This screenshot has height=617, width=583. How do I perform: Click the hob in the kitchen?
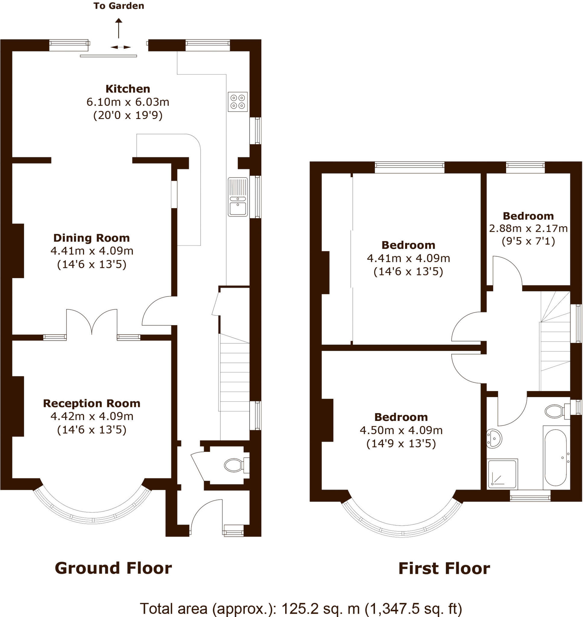(x=238, y=102)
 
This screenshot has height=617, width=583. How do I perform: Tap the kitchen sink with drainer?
(x=238, y=197)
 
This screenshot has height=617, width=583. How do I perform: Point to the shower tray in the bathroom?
(x=502, y=473)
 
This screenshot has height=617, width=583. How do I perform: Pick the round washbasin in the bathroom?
(x=494, y=438)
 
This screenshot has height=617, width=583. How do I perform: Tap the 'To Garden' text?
(x=119, y=6)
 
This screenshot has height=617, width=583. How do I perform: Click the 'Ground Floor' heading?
(x=113, y=568)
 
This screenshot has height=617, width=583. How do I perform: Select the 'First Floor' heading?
(x=444, y=568)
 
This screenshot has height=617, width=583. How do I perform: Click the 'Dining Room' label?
(x=91, y=238)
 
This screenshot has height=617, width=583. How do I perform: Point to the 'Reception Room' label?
(x=91, y=403)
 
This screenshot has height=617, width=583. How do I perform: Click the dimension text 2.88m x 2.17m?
(x=528, y=229)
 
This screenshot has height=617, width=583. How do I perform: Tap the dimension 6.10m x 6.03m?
(x=128, y=102)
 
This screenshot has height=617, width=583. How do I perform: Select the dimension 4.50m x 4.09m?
(x=401, y=430)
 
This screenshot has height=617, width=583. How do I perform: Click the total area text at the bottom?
(x=301, y=609)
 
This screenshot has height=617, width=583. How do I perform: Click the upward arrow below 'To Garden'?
(x=119, y=28)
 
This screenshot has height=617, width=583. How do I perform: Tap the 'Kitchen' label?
(x=128, y=89)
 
